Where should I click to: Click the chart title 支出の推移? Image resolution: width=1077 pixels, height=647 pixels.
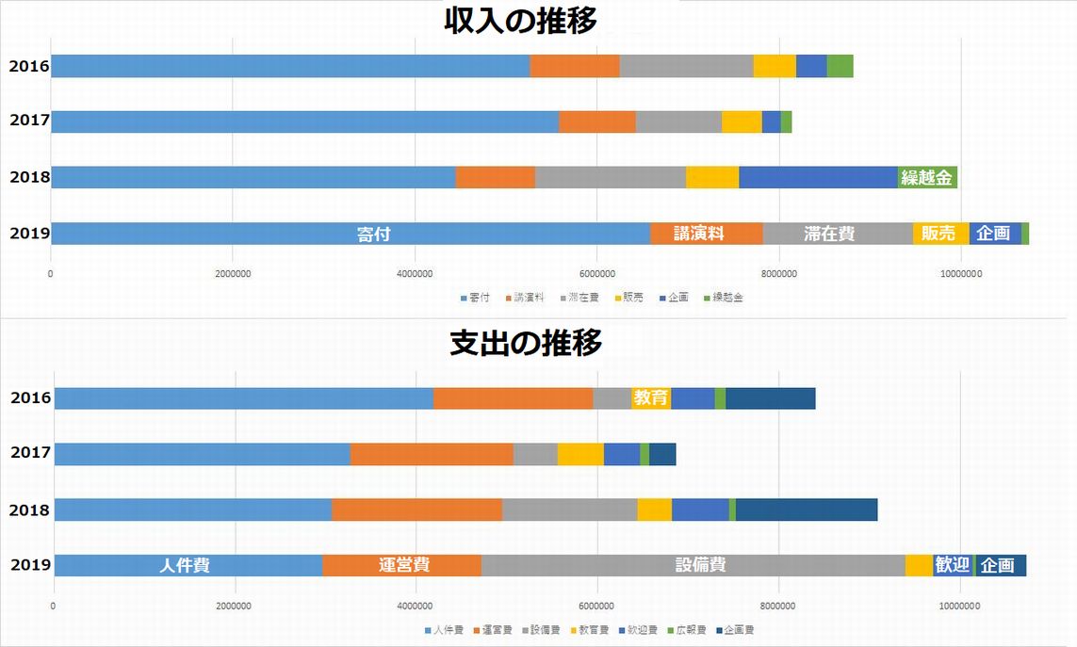[x=526, y=344]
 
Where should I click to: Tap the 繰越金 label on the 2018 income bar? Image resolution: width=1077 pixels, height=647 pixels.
[x=927, y=177]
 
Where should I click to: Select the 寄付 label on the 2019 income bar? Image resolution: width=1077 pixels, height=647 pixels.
[x=374, y=235]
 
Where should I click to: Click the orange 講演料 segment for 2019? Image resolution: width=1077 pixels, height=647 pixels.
[x=699, y=234]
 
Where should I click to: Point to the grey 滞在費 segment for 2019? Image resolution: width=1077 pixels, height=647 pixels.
[x=829, y=234]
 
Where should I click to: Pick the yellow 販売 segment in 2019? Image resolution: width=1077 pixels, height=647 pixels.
[x=939, y=234]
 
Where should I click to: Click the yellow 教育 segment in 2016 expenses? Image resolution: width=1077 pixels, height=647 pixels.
[x=651, y=398]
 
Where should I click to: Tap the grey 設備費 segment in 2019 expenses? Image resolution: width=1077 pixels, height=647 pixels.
[x=700, y=565]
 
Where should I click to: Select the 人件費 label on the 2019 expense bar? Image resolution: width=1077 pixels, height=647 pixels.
[x=185, y=565]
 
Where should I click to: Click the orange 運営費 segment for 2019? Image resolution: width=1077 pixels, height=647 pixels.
[x=404, y=565]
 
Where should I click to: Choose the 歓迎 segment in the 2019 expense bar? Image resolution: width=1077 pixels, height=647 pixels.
[x=952, y=565]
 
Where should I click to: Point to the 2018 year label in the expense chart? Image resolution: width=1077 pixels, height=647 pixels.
[x=28, y=510]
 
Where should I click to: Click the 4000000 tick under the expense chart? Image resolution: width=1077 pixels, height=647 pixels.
[x=415, y=606]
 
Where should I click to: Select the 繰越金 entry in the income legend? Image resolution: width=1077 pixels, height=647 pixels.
[x=723, y=298]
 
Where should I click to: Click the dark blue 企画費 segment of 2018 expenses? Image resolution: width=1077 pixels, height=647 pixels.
[x=806, y=510]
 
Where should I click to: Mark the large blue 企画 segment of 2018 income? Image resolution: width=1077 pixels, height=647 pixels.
[x=818, y=177]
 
